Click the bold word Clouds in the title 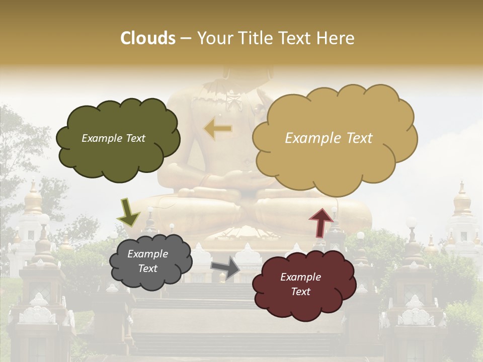(x=148, y=38)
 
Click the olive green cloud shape (x=118, y=151)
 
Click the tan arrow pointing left (x=218, y=129)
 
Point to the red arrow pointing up (x=320, y=222)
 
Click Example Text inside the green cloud (x=113, y=138)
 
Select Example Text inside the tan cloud (x=329, y=138)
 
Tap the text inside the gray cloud (x=147, y=261)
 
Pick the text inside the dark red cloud (x=300, y=284)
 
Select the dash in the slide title (x=186, y=39)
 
